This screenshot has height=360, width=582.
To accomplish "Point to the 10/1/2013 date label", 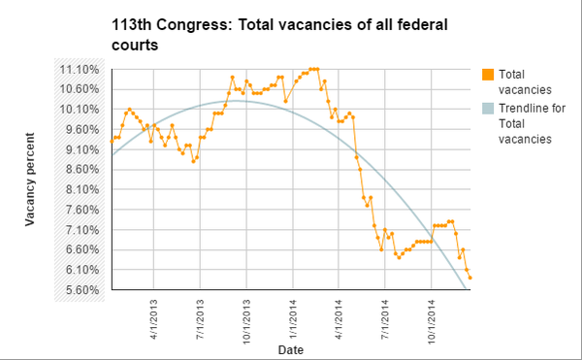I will (x=247, y=320).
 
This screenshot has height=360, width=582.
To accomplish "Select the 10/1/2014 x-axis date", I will (x=433, y=320).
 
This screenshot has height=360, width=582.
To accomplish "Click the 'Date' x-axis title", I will (x=290, y=347).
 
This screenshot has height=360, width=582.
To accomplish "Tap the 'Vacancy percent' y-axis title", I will (x=30, y=181).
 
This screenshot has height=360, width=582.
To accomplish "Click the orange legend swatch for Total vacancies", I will (x=488, y=74).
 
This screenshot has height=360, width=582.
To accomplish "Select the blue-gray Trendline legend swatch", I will (x=488, y=109).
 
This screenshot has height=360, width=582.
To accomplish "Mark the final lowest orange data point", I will (x=469, y=278).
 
